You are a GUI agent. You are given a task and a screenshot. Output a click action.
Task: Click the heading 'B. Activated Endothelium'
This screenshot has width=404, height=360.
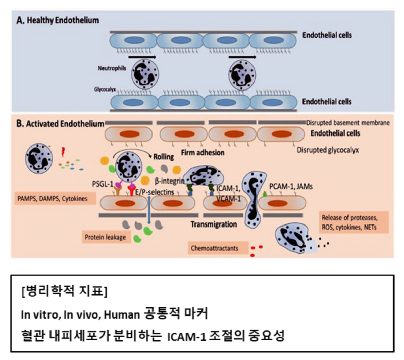click(60, 123)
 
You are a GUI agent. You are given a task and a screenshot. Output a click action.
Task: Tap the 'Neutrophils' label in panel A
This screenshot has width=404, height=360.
click(109, 66)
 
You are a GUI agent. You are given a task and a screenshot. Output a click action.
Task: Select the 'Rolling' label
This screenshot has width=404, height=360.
click(164, 157)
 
